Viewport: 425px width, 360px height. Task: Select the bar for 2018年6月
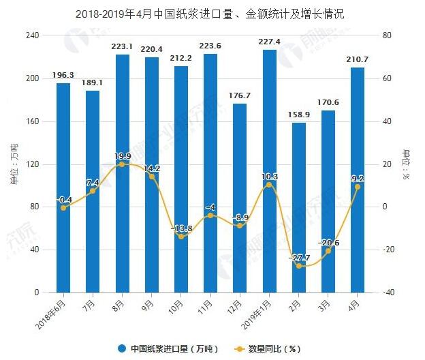(x=63, y=187)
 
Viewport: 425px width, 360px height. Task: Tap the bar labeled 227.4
(x=270, y=170)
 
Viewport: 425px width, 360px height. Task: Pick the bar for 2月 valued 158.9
(x=299, y=207)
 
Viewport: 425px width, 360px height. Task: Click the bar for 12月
(x=240, y=198)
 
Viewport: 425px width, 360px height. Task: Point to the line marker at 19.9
(x=122, y=164)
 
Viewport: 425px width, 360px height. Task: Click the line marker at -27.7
(x=299, y=266)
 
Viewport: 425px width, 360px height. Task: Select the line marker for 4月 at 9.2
(x=358, y=187)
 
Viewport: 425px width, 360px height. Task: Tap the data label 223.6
(x=210, y=46)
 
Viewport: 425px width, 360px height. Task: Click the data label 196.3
(x=63, y=75)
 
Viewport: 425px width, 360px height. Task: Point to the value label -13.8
(x=180, y=228)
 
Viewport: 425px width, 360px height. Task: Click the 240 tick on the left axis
(x=33, y=35)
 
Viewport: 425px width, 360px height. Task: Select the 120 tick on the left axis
(x=33, y=164)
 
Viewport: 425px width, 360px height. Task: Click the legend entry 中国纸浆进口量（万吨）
(x=170, y=348)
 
